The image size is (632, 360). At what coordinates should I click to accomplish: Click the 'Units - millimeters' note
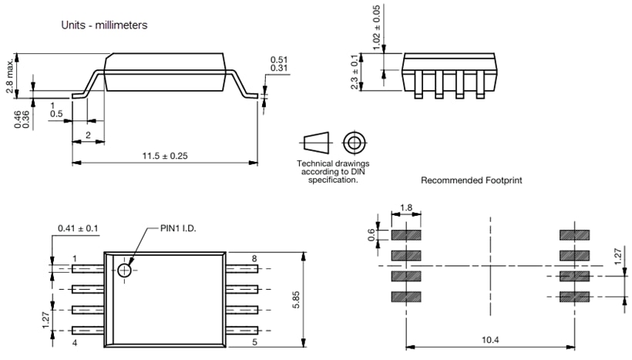[x=104, y=25]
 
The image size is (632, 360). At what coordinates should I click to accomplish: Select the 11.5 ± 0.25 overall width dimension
[x=165, y=156]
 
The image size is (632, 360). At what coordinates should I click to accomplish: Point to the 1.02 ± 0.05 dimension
[x=376, y=29]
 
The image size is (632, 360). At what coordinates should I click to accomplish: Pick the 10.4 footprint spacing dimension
[x=490, y=339]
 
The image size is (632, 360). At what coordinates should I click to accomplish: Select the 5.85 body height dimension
[x=296, y=299]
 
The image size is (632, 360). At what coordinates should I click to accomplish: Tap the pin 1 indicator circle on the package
[x=125, y=269]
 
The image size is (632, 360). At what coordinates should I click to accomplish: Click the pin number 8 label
[x=254, y=258]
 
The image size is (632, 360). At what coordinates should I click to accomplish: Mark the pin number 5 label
[x=254, y=341]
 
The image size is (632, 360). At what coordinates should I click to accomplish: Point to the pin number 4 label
[x=75, y=341]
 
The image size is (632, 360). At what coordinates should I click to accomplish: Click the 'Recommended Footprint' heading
[x=472, y=180]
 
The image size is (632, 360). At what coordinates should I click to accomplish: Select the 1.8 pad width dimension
[x=406, y=209]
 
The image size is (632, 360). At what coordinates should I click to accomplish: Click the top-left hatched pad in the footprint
[x=406, y=234]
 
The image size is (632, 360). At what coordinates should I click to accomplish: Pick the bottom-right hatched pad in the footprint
[x=574, y=296]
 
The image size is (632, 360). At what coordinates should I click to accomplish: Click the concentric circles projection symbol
[x=354, y=143]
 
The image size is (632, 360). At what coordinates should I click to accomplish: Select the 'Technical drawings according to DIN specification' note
[x=333, y=172]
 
